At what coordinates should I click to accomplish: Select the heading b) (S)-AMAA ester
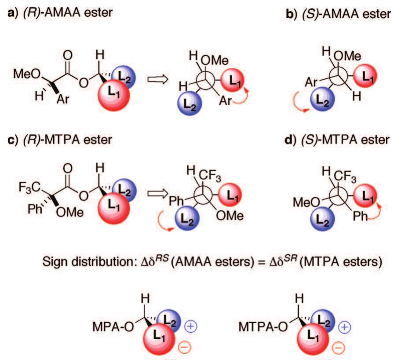click(338, 14)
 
